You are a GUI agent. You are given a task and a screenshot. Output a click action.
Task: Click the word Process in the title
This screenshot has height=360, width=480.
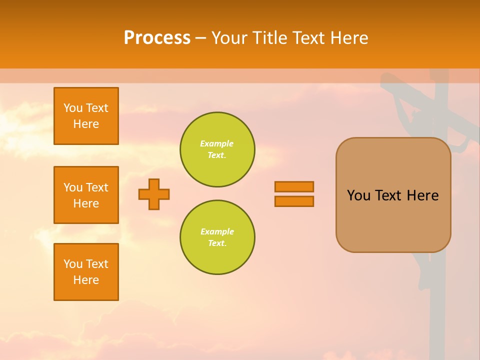(157, 38)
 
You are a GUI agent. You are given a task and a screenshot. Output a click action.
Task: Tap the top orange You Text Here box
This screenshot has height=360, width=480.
(86, 116)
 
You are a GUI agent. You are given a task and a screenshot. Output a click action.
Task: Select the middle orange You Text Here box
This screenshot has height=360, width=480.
(86, 195)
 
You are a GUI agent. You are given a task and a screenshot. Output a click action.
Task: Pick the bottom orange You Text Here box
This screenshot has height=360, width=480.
(86, 272)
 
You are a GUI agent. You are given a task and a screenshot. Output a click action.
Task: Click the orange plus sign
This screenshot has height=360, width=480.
(154, 194)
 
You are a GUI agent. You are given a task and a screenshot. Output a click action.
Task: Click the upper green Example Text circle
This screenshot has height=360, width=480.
(217, 149)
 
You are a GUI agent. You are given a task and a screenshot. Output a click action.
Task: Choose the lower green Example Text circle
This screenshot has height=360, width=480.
(217, 237)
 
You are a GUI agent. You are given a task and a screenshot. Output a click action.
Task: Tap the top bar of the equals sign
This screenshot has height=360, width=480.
(294, 186)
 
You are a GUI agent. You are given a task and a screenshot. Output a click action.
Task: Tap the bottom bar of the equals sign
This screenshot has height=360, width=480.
(294, 201)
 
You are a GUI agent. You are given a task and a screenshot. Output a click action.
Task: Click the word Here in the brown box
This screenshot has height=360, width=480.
(422, 195)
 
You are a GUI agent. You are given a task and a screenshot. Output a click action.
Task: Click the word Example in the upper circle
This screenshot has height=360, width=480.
(216, 143)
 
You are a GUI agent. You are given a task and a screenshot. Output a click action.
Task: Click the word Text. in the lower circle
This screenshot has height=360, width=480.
(216, 243)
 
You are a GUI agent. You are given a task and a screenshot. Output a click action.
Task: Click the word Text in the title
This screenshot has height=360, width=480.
(310, 38)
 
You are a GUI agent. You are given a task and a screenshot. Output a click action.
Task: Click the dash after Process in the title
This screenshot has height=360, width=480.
(201, 38)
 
